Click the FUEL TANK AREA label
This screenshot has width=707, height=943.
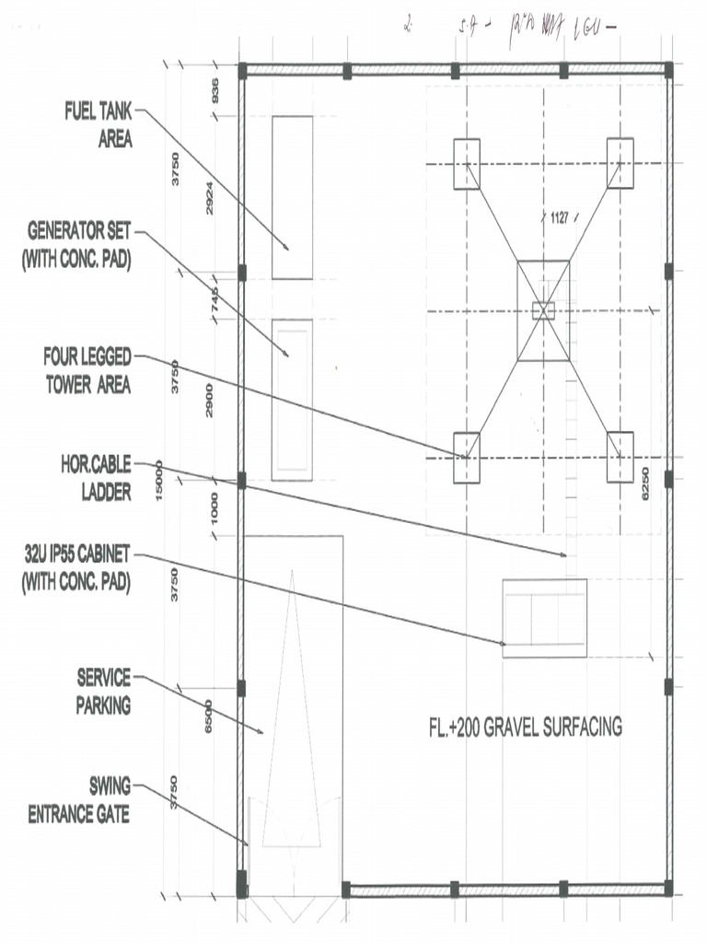(x=99, y=126)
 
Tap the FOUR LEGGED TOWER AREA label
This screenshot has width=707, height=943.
(x=87, y=371)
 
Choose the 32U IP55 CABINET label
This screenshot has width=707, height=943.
(x=77, y=569)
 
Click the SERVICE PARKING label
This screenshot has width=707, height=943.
(x=103, y=693)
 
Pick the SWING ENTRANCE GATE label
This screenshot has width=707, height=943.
(x=80, y=801)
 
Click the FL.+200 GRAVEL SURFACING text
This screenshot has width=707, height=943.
(x=525, y=728)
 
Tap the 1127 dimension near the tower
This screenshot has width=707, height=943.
(x=560, y=219)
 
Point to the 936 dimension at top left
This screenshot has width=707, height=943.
(x=214, y=91)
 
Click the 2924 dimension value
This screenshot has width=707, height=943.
(x=209, y=198)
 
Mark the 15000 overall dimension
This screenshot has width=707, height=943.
(x=159, y=479)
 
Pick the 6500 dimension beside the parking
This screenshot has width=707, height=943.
(x=209, y=715)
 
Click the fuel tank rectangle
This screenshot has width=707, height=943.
(x=292, y=197)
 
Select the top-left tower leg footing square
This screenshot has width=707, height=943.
(x=467, y=164)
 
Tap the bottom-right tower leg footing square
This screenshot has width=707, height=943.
(x=620, y=457)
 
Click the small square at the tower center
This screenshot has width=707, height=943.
(x=543, y=310)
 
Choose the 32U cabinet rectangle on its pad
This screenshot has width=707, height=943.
(x=544, y=619)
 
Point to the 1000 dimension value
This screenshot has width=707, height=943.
(x=214, y=509)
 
